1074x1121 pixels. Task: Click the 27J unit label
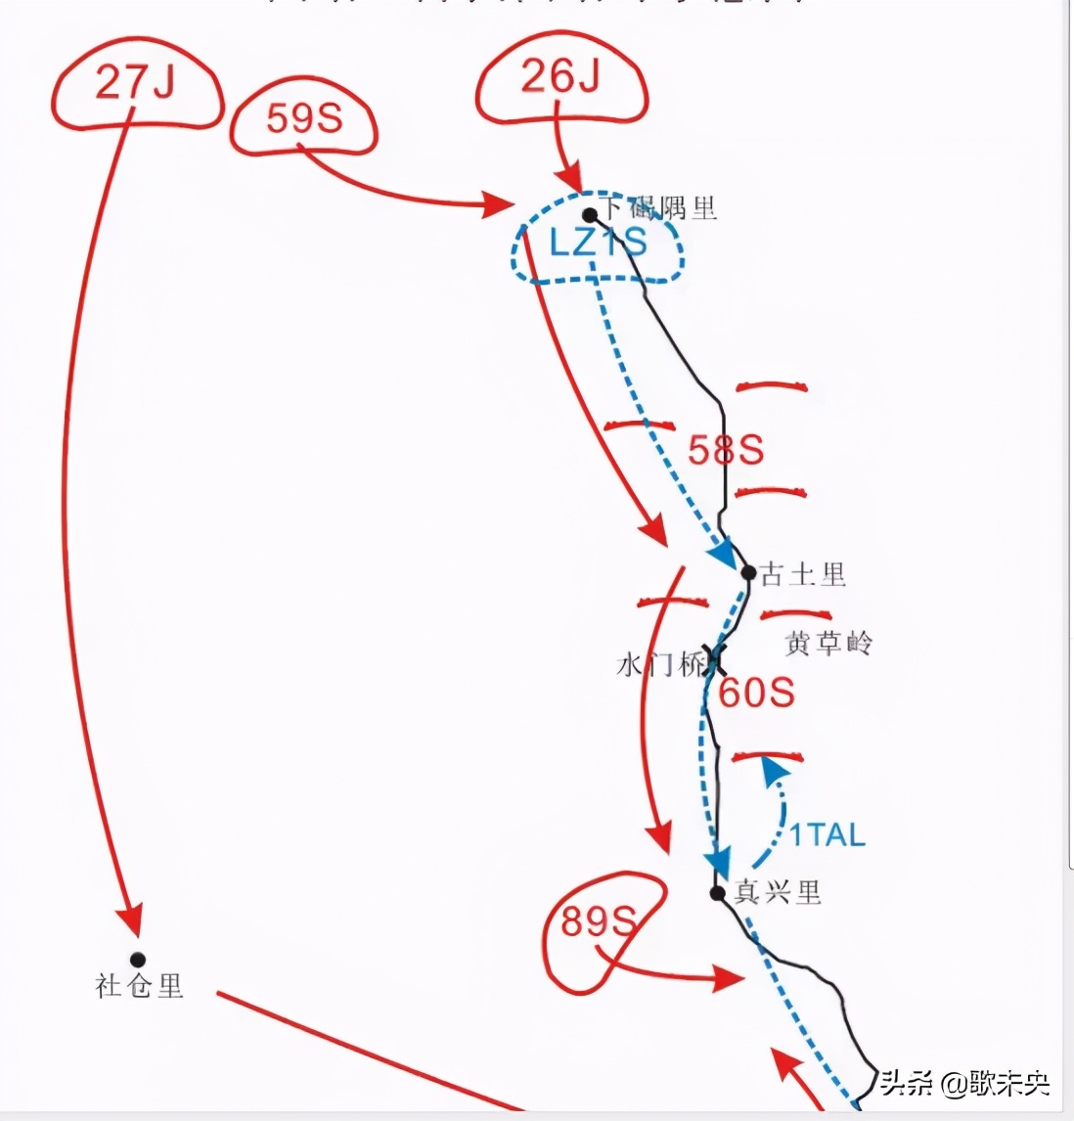pyautogui.click(x=135, y=83)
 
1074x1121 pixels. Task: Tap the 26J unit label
pyautogui.click(x=559, y=76)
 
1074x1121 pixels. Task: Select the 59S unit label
pyautogui.click(x=303, y=118)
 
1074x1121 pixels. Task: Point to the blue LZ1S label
pyautogui.click(x=598, y=243)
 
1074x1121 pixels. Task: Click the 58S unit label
pyautogui.click(x=725, y=451)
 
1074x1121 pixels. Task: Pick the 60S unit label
pyautogui.click(x=756, y=693)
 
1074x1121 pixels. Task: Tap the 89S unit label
pyautogui.click(x=598, y=920)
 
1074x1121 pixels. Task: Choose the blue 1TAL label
pyautogui.click(x=827, y=835)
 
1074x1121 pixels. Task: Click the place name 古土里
pyautogui.click(x=803, y=575)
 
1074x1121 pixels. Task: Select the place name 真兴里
pyautogui.click(x=779, y=892)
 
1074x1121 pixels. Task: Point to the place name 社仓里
pyautogui.click(x=139, y=986)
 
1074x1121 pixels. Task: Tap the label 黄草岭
pyautogui.click(x=828, y=644)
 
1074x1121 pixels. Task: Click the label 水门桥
pyautogui.click(x=660, y=666)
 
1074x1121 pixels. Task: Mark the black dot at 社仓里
pyautogui.click(x=138, y=960)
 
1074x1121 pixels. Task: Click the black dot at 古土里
pyautogui.click(x=748, y=572)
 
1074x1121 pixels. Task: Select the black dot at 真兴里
pyautogui.click(x=718, y=892)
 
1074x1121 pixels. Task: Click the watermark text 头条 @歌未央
pyautogui.click(x=963, y=1083)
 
